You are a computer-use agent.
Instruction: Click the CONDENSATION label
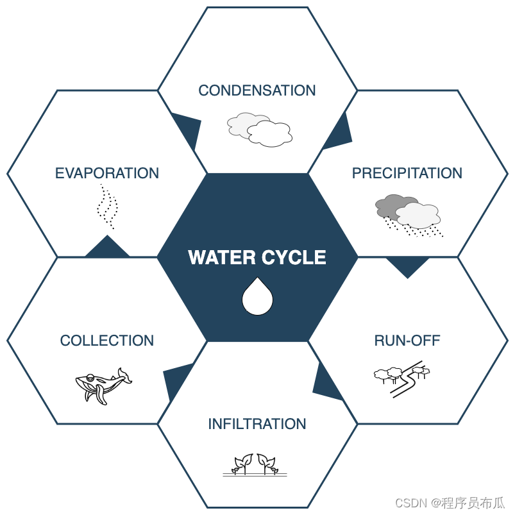[257, 90]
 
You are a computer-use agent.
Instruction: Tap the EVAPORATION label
[106, 173]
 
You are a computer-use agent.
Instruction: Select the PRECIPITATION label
[407, 173]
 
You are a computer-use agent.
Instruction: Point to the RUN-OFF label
[407, 341]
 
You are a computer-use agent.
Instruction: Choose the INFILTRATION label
[257, 424]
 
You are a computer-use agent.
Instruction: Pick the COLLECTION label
[106, 341]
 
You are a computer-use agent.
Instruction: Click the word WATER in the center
[221, 258]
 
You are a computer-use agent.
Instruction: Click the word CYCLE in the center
[292, 258]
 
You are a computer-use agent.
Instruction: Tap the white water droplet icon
[258, 297]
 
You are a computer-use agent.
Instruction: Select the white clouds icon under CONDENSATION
[260, 129]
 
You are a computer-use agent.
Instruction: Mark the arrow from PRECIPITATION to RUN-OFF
[407, 266]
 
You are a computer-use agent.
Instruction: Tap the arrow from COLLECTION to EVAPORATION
[107, 248]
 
